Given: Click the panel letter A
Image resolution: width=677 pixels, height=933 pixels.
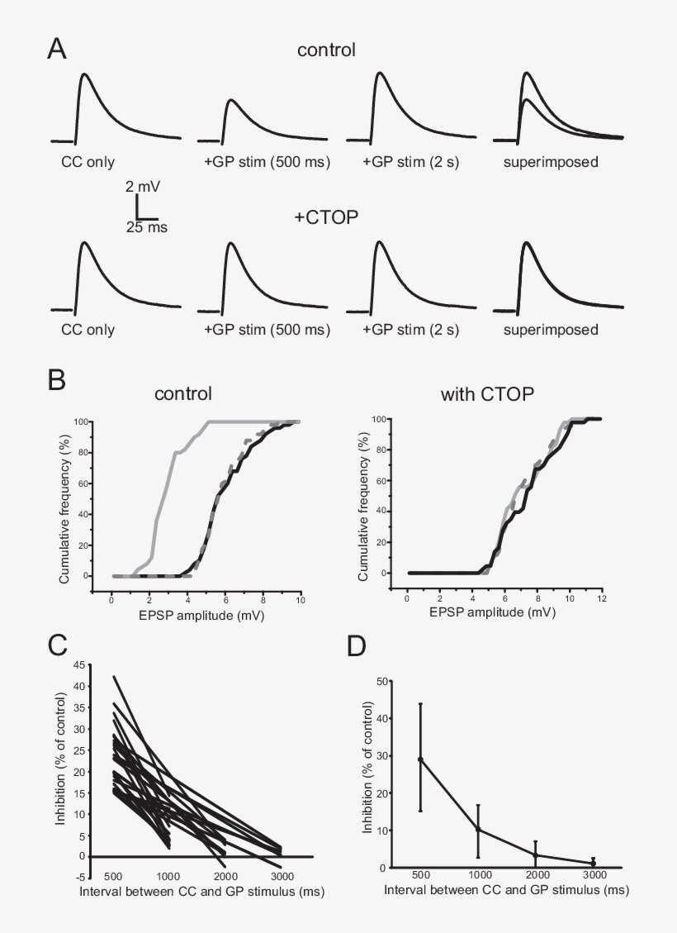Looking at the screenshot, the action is click(56, 49).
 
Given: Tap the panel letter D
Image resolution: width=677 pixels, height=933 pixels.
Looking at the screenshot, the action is click(356, 646).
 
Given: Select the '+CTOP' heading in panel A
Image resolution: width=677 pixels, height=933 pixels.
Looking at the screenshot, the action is click(326, 217).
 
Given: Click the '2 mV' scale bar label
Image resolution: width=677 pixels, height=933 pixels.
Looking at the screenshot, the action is click(143, 186).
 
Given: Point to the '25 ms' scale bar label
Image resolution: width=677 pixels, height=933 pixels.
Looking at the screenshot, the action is click(147, 227).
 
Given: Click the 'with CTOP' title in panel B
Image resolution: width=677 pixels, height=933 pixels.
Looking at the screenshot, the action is click(487, 394).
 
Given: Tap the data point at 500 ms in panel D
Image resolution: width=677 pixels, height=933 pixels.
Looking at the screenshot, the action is click(420, 759).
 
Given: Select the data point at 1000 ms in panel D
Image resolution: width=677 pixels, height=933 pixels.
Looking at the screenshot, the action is click(478, 830).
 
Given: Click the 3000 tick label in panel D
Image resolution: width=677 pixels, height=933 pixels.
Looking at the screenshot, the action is click(594, 874).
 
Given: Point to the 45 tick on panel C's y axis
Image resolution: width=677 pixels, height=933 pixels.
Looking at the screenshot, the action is click(79, 665).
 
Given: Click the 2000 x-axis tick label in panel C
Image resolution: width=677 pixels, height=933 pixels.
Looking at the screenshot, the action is click(225, 877).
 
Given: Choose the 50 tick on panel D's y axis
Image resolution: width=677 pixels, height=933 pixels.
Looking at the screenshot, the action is click(383, 681).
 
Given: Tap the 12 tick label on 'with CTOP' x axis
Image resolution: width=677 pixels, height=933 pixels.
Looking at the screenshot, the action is click(602, 598).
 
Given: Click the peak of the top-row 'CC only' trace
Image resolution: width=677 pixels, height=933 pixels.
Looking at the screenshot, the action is click(85, 74).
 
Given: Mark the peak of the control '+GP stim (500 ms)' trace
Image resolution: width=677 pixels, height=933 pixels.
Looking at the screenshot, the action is click(231, 99).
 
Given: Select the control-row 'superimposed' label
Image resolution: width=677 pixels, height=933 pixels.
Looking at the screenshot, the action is click(551, 162).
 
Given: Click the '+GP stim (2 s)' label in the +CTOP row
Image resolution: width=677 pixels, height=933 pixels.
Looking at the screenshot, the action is click(410, 330).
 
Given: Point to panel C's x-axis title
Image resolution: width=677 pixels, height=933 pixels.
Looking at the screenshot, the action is click(202, 892).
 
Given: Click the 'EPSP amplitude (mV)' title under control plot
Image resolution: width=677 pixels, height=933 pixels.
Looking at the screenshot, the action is click(201, 616).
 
